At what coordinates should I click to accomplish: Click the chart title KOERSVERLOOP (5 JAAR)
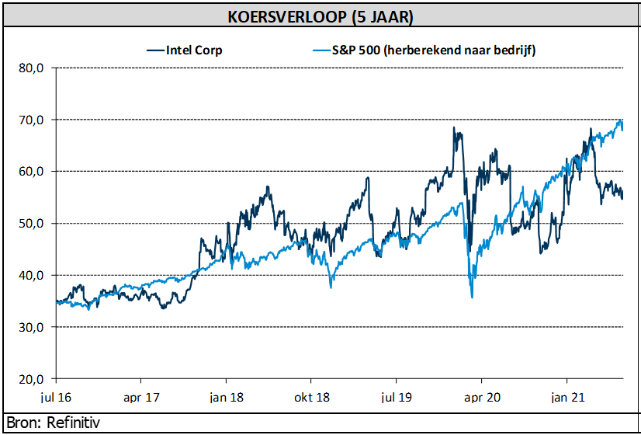[320, 16]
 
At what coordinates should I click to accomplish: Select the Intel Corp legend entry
[194, 50]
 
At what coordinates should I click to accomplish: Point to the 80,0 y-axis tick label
[33, 68]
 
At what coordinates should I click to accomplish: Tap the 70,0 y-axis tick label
[33, 120]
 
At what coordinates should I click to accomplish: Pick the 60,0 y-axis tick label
[33, 172]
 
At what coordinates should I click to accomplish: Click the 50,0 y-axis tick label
[33, 224]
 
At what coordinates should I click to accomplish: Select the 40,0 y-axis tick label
[33, 276]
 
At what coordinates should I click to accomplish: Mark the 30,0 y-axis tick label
[33, 327]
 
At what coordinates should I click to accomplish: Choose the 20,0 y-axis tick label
[33, 379]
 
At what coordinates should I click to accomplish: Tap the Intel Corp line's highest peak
[455, 128]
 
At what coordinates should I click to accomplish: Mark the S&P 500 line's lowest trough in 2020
[472, 297]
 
